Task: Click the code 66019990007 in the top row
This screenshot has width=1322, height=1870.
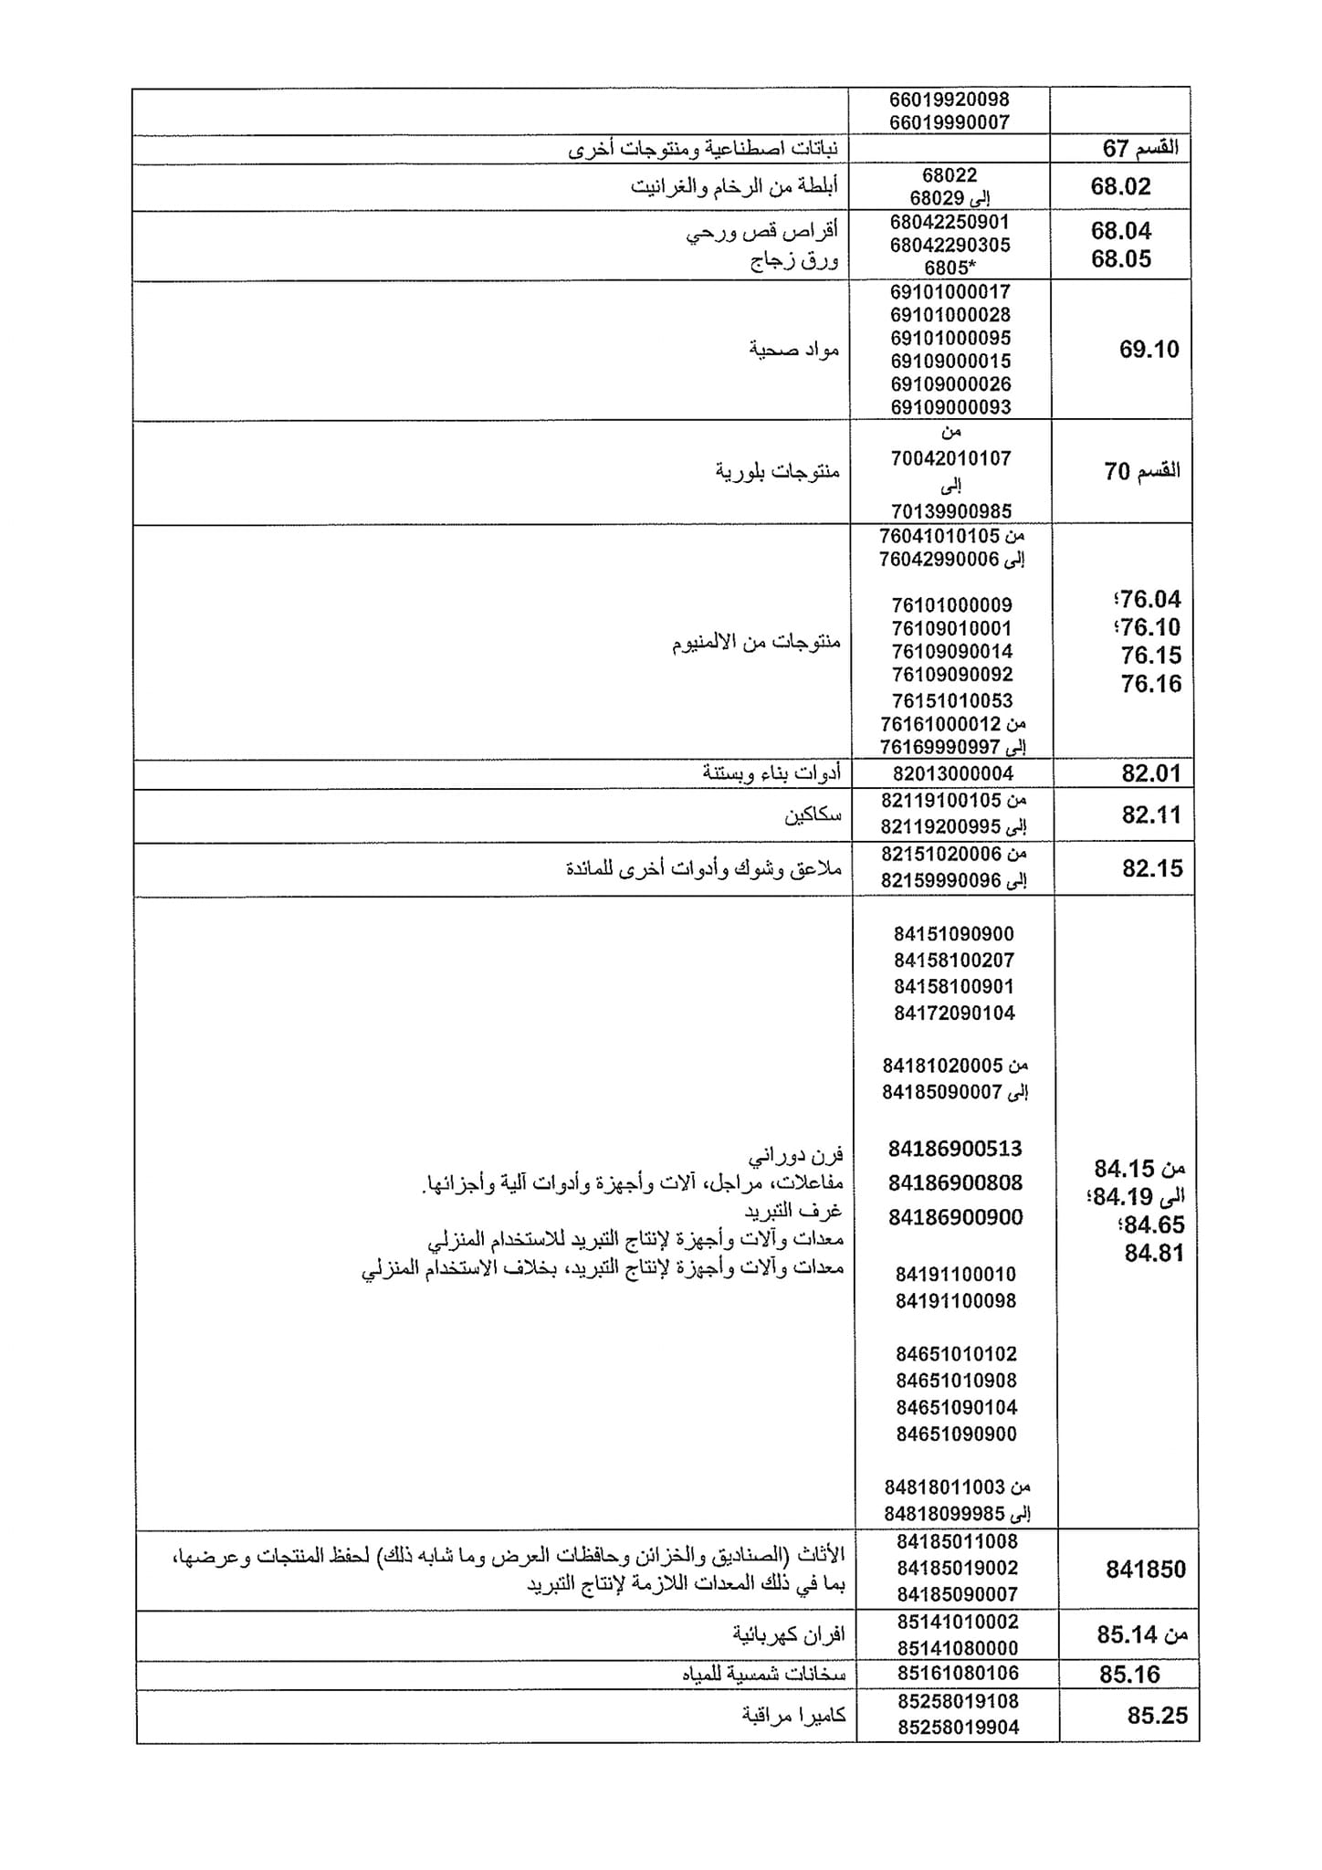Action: [950, 121]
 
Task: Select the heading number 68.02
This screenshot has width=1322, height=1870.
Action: [1120, 187]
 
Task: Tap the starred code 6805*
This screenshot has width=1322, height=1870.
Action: [950, 268]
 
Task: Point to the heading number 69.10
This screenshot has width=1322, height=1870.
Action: [1149, 349]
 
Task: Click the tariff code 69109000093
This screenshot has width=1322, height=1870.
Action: [950, 407]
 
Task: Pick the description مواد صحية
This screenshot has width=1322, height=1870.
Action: [794, 349]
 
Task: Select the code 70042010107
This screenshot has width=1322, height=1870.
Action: [950, 458]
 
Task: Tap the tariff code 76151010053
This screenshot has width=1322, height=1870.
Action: [952, 700]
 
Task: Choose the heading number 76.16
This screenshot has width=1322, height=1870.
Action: [1150, 683]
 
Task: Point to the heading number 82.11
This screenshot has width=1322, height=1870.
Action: [1151, 814]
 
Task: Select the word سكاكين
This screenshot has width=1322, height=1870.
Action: [813, 814]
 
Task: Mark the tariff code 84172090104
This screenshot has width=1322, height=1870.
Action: [955, 1013]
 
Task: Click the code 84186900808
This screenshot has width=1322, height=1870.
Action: [955, 1182]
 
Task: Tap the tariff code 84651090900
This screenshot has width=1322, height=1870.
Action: [956, 1434]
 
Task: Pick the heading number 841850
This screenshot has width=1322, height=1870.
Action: [1145, 1570]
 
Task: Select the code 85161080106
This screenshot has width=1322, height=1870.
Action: [958, 1673]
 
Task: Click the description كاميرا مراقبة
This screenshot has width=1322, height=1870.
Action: [793, 1715]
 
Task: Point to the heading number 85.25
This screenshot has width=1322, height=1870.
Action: [1157, 1716]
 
